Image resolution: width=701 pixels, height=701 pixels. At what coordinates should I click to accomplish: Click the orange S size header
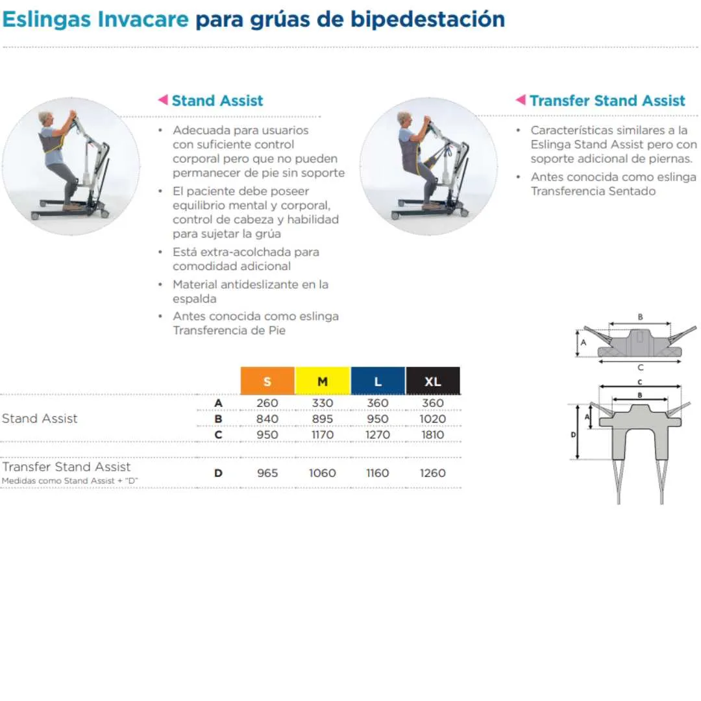[x=267, y=381]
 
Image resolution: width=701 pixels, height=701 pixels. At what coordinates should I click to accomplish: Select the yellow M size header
[x=323, y=381]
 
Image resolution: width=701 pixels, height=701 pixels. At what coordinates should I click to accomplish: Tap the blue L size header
[x=378, y=381]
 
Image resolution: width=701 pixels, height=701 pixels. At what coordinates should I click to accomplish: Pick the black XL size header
[x=433, y=381]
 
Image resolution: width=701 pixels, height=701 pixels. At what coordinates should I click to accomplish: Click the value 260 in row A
[x=267, y=403]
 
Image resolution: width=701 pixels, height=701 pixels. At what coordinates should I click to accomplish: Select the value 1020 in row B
[x=433, y=419]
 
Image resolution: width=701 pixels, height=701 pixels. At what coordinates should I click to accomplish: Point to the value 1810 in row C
[x=433, y=434]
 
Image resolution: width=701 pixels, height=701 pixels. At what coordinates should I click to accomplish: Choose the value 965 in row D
[x=267, y=473]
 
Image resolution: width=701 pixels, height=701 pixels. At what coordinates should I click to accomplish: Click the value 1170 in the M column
[x=323, y=434]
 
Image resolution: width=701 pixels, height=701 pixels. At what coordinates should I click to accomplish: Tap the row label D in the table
[x=218, y=473]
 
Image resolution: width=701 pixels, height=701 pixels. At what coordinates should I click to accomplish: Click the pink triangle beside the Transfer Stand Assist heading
[x=521, y=99]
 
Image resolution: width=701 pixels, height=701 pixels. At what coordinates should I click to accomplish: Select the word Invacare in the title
[x=143, y=19]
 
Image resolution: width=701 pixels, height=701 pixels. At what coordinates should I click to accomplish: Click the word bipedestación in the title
[x=427, y=19]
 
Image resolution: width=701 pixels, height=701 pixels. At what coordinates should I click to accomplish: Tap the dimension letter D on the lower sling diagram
[x=573, y=434]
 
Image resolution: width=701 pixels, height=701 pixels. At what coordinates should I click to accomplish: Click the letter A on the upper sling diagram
[x=584, y=343]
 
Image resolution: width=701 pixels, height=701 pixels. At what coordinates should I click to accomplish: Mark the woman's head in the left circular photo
[x=46, y=119]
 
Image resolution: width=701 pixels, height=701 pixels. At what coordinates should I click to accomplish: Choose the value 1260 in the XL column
[x=433, y=473]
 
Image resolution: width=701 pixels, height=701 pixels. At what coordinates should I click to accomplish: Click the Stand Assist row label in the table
[x=40, y=419]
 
